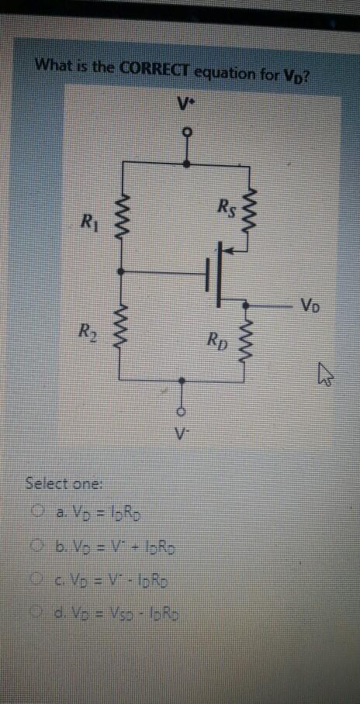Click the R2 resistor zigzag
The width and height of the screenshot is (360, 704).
[x=119, y=328]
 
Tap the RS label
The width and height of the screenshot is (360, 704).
[x=226, y=207]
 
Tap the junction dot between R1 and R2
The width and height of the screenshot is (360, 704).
[x=119, y=271]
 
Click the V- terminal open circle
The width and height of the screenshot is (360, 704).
[x=183, y=411]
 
